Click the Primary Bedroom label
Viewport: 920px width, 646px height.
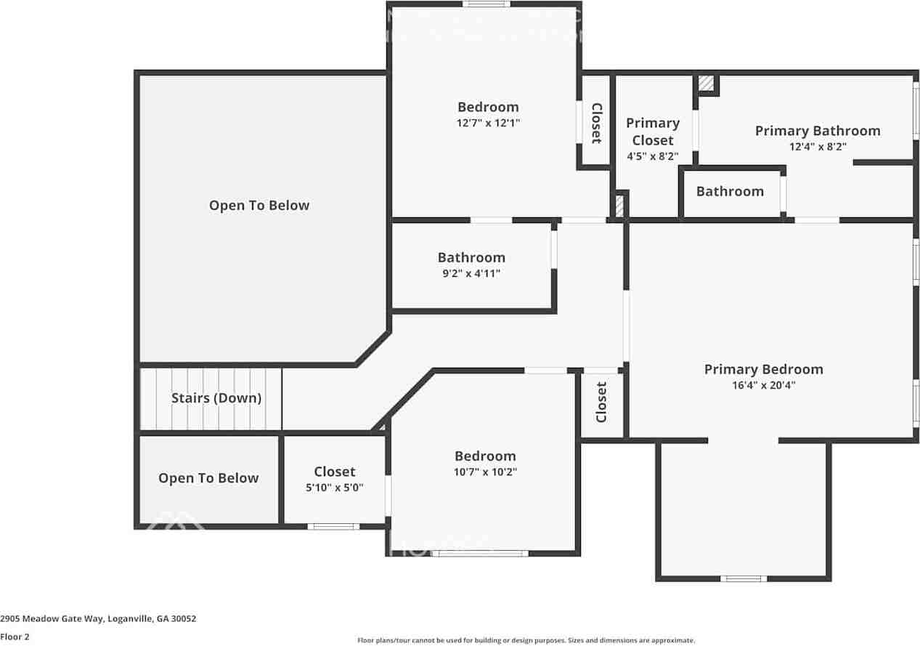(763, 369)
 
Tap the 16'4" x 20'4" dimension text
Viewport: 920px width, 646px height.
(763, 386)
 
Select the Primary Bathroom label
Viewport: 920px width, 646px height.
(817, 131)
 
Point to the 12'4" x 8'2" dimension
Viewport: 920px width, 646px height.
(818, 147)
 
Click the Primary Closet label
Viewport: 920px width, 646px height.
(652, 132)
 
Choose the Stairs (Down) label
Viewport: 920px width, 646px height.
(216, 398)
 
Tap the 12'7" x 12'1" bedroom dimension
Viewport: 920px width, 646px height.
(488, 123)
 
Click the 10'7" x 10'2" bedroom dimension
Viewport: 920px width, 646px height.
(485, 472)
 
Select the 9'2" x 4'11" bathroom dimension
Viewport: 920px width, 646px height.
(471, 273)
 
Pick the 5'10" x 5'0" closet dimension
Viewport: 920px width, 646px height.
(334, 488)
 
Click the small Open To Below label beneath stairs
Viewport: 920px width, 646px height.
(208, 478)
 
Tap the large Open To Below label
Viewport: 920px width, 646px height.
(259, 206)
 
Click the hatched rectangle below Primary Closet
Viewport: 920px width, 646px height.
(619, 205)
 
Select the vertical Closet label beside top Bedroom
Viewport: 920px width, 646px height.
(595, 122)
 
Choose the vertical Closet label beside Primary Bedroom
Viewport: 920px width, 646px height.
(601, 402)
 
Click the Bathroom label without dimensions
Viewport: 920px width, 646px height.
(730, 191)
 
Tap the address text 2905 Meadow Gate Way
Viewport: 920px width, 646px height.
(98, 619)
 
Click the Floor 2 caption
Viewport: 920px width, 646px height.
(15, 637)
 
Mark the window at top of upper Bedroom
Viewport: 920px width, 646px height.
(486, 4)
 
